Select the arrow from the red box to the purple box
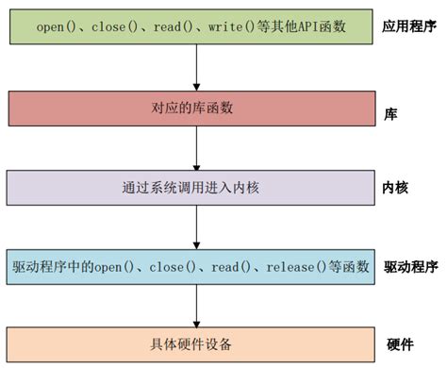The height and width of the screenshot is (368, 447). [196, 147]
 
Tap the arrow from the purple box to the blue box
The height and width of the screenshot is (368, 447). [196, 226]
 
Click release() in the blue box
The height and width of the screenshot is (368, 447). [293, 267]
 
